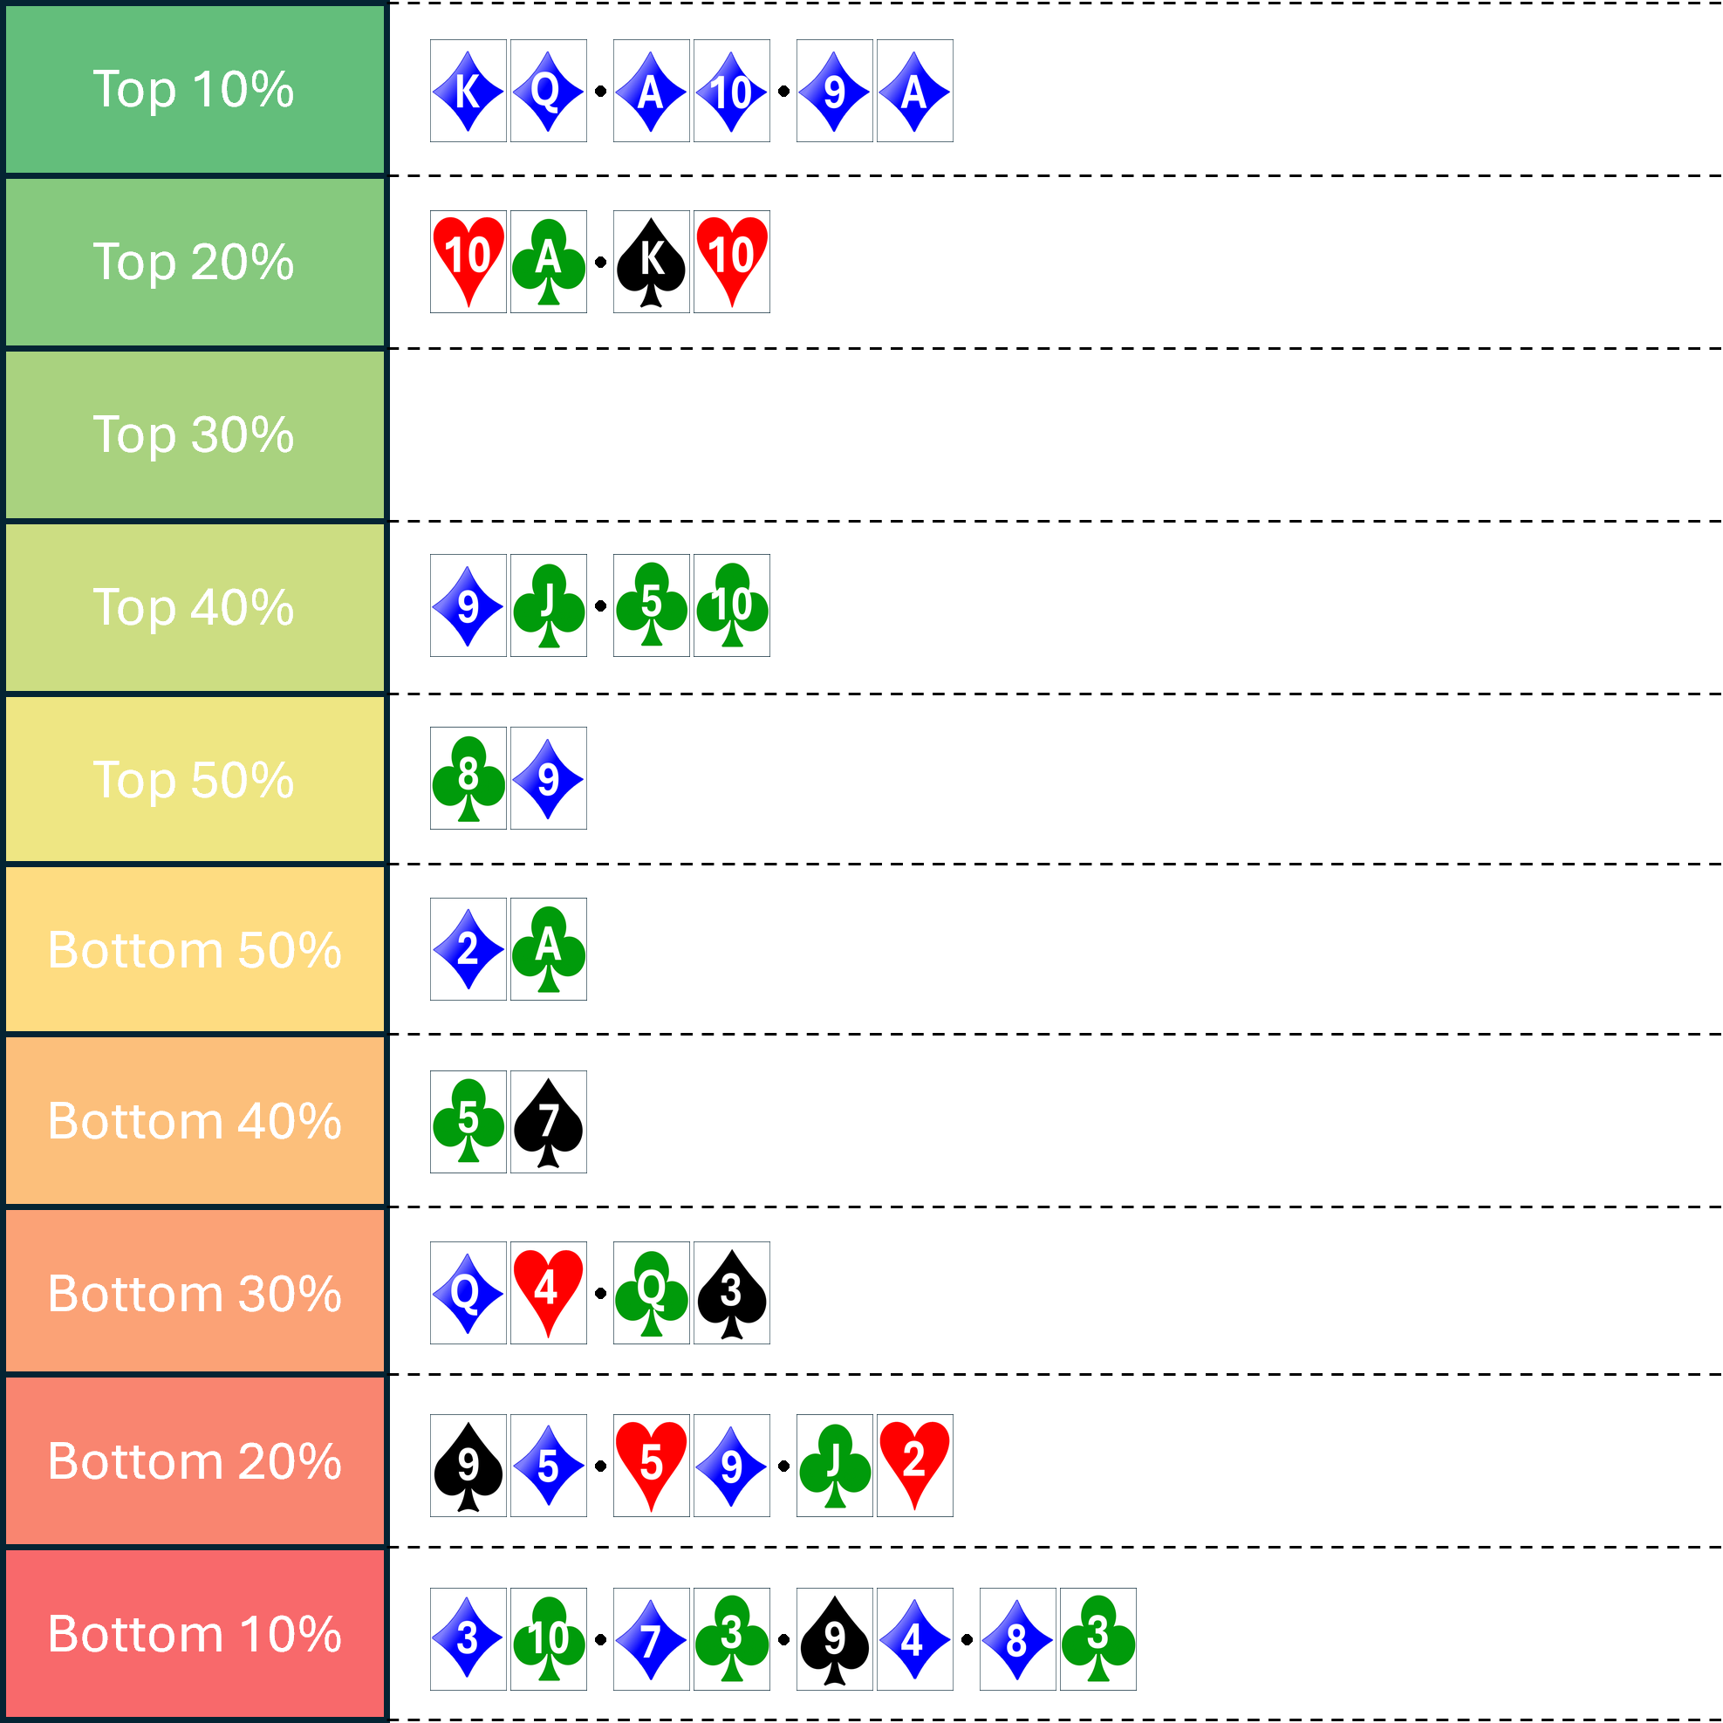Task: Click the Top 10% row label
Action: point(195,89)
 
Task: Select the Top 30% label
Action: point(195,434)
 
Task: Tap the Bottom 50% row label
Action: point(195,950)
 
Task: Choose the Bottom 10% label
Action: point(195,1634)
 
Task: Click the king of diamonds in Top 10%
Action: point(468,91)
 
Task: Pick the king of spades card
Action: point(651,263)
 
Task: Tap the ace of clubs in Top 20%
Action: point(548,263)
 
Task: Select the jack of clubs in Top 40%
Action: point(548,605)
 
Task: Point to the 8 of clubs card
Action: point(468,777)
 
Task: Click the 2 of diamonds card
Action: point(468,949)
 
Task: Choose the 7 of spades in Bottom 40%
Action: point(548,1122)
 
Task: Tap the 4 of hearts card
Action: point(548,1293)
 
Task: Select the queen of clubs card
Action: point(651,1293)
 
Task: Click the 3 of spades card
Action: point(731,1293)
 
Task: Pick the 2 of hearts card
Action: point(914,1466)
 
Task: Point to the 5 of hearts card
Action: point(651,1466)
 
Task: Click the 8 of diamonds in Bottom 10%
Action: point(1016,1639)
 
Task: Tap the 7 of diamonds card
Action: point(651,1639)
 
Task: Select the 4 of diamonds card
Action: point(914,1639)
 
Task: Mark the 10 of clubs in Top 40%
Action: point(731,605)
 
